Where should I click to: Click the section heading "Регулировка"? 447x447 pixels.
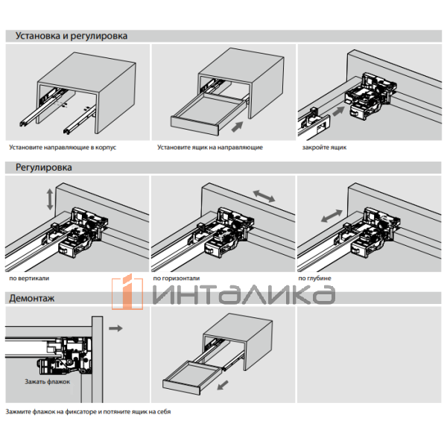click(43, 168)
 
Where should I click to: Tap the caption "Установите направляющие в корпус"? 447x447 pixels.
click(63, 148)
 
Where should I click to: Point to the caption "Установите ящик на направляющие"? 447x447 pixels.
click(209, 148)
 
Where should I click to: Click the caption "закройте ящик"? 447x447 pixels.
click(324, 148)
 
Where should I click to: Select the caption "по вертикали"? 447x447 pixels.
click(29, 278)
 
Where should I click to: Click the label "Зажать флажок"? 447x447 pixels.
click(46, 381)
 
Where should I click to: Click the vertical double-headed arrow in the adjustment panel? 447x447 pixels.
click(49, 199)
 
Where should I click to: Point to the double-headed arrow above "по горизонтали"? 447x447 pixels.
click(264, 195)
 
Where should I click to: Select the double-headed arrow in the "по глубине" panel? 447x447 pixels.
click(331, 217)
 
